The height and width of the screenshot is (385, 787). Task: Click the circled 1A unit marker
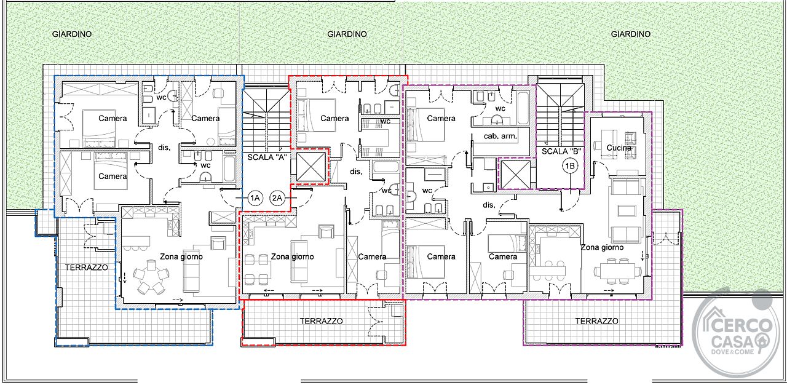(x=255, y=198)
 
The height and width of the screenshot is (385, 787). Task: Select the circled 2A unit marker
(x=277, y=198)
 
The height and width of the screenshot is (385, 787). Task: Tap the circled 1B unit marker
(x=570, y=166)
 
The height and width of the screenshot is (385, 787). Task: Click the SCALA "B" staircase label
(x=561, y=151)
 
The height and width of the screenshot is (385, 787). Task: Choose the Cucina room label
(x=619, y=148)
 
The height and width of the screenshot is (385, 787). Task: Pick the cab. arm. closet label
(x=500, y=137)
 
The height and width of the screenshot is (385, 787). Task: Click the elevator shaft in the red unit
(x=311, y=167)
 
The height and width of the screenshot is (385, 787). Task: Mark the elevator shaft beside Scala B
(x=515, y=175)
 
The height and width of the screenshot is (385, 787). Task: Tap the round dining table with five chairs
(x=151, y=277)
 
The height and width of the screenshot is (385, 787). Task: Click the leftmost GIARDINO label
(x=72, y=34)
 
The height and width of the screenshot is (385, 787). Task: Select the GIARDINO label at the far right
(x=631, y=34)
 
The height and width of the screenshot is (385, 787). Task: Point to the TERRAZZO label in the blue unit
(x=87, y=268)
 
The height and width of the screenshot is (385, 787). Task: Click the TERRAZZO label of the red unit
(x=321, y=321)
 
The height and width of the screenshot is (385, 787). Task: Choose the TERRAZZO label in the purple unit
(x=596, y=321)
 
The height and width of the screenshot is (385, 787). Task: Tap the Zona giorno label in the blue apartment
(x=181, y=257)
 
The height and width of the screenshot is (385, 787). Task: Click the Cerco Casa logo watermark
(x=736, y=333)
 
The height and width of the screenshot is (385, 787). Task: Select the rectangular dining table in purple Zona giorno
(x=617, y=271)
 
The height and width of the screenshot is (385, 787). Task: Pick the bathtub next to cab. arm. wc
(x=523, y=108)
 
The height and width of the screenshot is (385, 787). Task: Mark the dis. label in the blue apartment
(x=164, y=148)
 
